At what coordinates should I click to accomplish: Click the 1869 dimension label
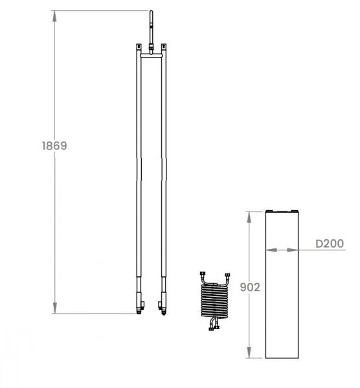[x=54, y=145]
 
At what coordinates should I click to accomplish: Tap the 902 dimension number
[x=250, y=287]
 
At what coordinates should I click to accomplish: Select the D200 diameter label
[x=330, y=244]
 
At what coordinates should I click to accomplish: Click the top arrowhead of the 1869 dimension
[x=54, y=16]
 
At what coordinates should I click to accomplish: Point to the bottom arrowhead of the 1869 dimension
[x=54, y=308]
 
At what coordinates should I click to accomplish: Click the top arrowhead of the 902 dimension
[x=249, y=217]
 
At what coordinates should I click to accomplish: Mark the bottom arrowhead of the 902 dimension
[x=249, y=352]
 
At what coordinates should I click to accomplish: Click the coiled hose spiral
[x=214, y=301]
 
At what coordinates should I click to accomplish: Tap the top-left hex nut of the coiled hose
[x=202, y=274]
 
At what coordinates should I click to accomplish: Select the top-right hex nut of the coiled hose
[x=227, y=275]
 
